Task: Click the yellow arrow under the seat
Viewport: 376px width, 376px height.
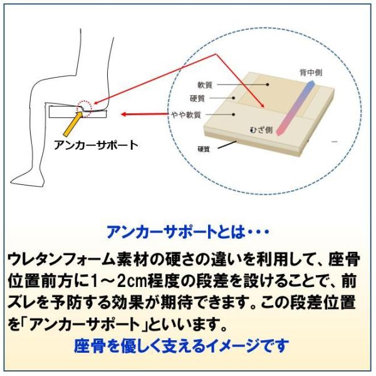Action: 72,125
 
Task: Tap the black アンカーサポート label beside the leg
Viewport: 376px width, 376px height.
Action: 96,145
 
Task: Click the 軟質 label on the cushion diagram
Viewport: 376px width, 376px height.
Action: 205,85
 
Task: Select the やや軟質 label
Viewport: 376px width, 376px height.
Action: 186,115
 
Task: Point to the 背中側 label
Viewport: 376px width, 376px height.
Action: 311,73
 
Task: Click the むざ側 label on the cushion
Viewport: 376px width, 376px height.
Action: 261,130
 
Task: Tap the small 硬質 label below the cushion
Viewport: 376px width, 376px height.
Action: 204,149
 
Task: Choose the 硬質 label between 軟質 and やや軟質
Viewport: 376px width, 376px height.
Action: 197,98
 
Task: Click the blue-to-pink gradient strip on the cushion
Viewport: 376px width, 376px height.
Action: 295,108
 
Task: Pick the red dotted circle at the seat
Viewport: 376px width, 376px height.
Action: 84,108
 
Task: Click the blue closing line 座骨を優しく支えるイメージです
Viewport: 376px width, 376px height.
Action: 181,345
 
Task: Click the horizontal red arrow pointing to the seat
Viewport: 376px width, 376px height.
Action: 145,114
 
